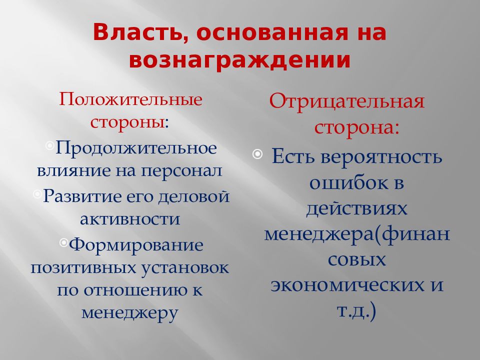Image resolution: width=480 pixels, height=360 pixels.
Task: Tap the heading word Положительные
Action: pos(131,99)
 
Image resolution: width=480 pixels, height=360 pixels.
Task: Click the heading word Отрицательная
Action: pos(347,102)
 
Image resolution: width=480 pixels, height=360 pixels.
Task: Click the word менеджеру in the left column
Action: pos(129,313)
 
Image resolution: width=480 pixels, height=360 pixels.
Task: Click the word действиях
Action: pos(356,208)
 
